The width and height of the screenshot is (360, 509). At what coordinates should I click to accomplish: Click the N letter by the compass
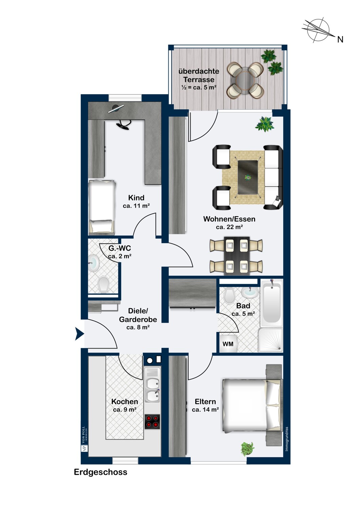coord(340,40)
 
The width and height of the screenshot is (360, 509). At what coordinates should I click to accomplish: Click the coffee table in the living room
coord(248,177)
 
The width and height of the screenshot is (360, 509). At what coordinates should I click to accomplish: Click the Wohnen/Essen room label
coord(229,219)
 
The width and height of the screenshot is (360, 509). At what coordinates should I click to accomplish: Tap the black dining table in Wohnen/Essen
coord(237,256)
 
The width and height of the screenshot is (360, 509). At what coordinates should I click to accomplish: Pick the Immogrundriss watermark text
coord(287,439)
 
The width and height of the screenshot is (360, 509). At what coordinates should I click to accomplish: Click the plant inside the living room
coord(265,124)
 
